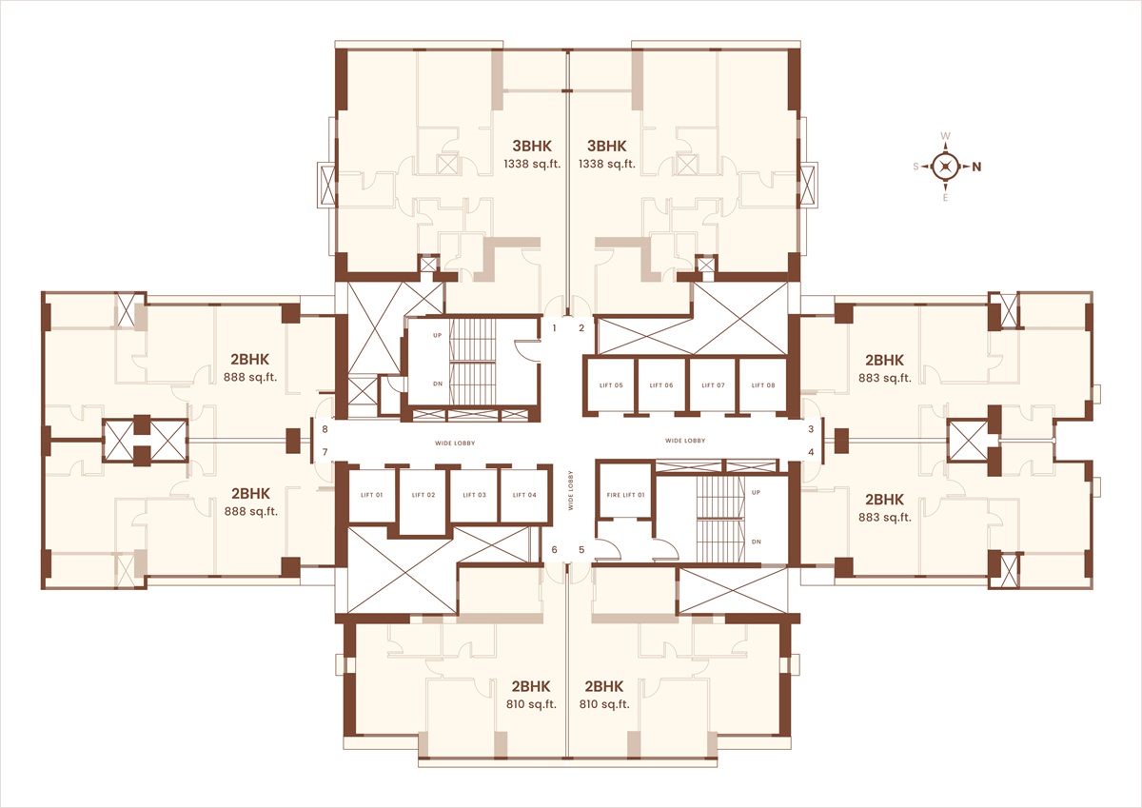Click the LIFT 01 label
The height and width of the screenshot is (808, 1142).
pyautogui.click(x=371, y=495)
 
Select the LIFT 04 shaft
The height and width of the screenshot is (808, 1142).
pyautogui.click(x=525, y=495)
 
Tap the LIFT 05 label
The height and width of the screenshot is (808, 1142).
pyautogui.click(x=611, y=384)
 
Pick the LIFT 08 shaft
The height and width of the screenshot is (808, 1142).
pyautogui.click(x=762, y=384)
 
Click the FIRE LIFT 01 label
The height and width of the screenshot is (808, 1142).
pyautogui.click(x=625, y=495)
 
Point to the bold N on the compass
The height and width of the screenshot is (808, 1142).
pyautogui.click(x=976, y=167)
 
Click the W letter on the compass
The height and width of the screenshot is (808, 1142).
pyautogui.click(x=945, y=136)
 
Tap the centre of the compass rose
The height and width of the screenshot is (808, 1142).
pyautogui.click(x=946, y=167)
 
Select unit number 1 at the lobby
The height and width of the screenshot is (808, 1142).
pyautogui.click(x=555, y=327)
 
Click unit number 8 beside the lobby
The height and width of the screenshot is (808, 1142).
pyautogui.click(x=325, y=429)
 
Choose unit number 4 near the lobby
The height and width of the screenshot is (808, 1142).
pyautogui.click(x=811, y=452)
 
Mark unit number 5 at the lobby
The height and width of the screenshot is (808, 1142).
pyautogui.click(x=581, y=549)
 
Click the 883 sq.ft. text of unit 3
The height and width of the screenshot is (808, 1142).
pyautogui.click(x=884, y=378)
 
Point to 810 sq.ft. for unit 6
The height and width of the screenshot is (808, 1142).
pyautogui.click(x=531, y=704)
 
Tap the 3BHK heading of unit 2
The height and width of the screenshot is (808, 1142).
pyautogui.click(x=607, y=146)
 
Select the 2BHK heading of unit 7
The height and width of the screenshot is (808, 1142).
pyautogui.click(x=251, y=494)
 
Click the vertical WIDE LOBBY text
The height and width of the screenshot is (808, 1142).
pyautogui.click(x=570, y=490)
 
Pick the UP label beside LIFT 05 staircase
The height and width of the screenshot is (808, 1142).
pyautogui.click(x=438, y=335)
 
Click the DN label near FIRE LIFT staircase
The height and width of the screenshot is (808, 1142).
pyautogui.click(x=756, y=542)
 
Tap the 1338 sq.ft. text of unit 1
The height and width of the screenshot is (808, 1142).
pyautogui.click(x=532, y=164)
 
